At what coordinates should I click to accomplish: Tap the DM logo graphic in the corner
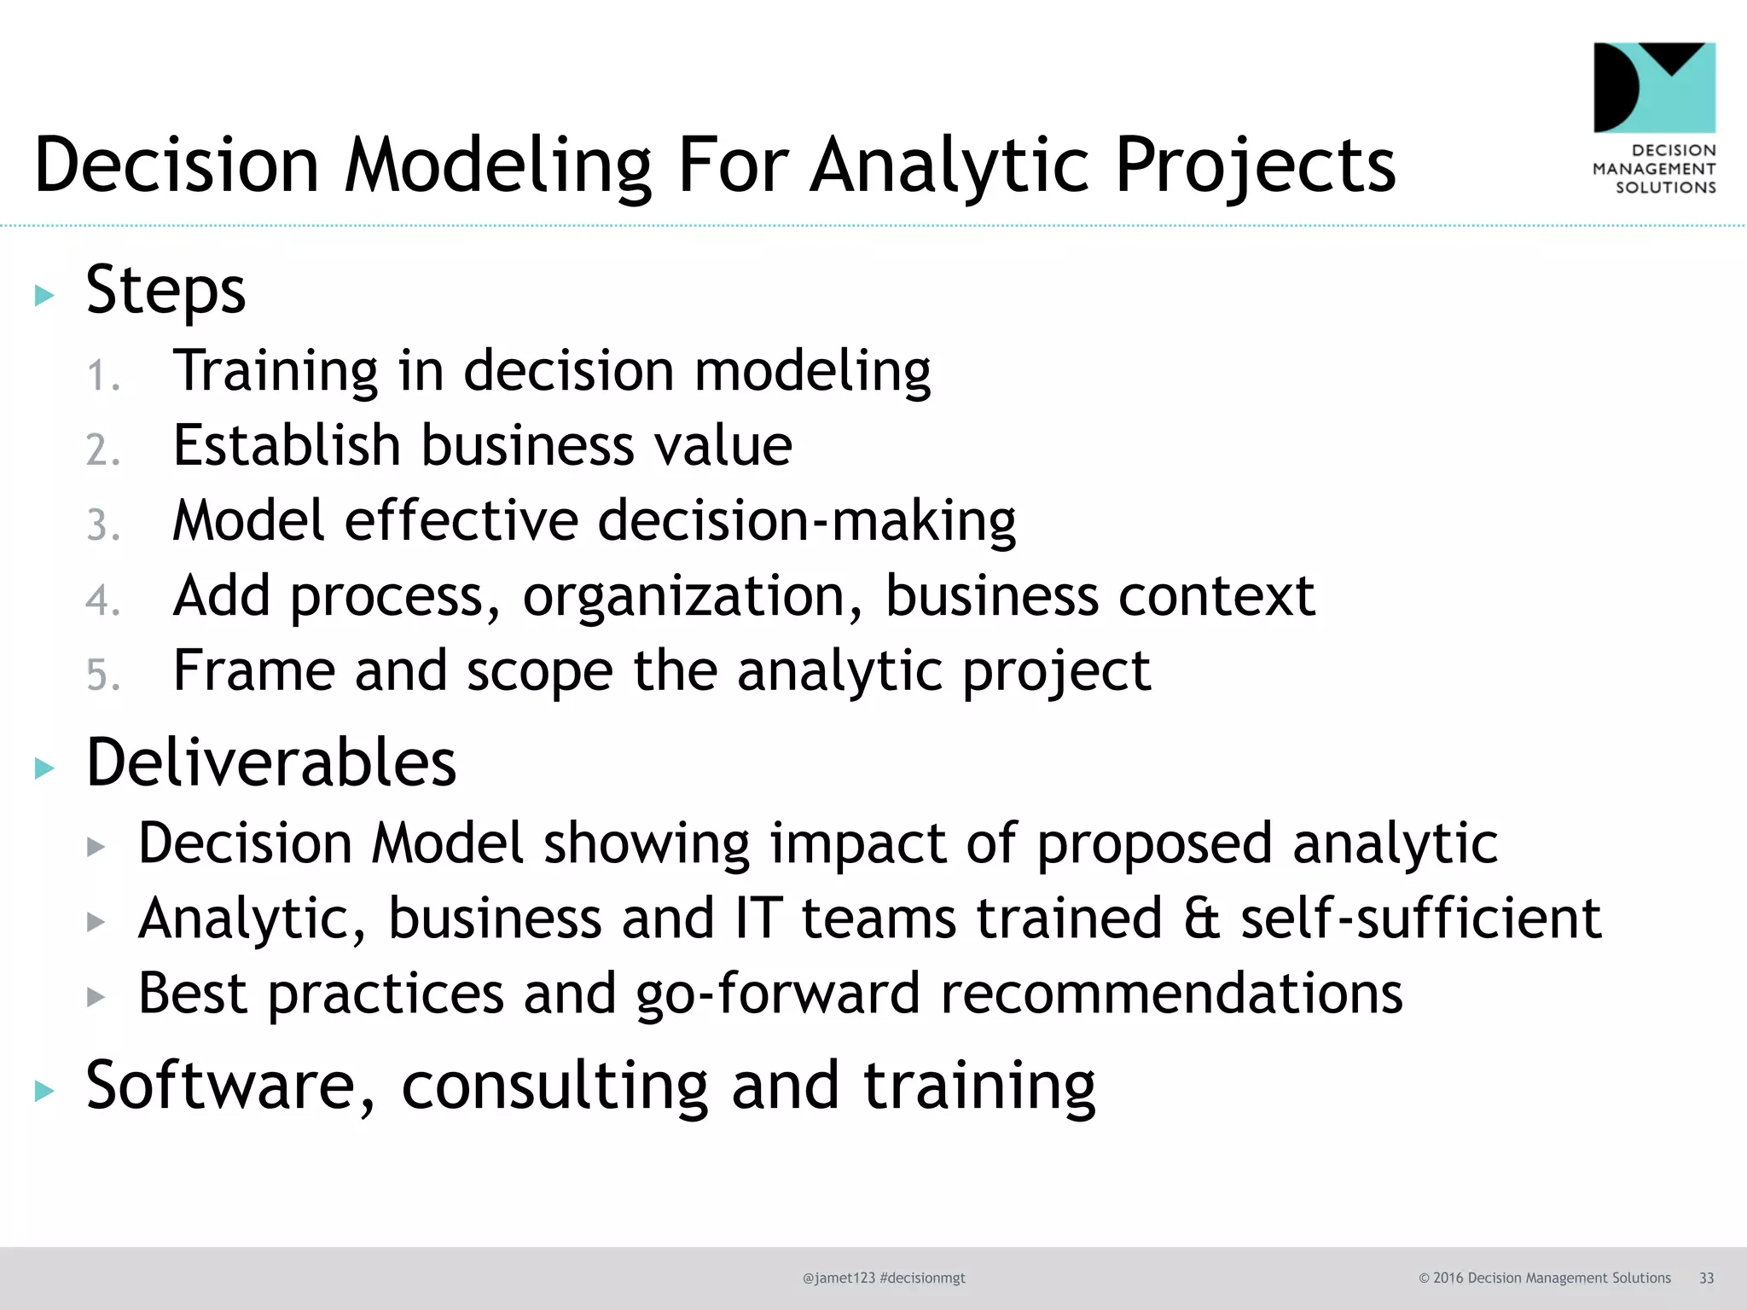tap(1654, 88)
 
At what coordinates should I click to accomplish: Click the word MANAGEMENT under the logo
tap(1654, 169)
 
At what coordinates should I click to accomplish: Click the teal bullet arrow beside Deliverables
tap(44, 768)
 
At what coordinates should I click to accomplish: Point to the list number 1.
tap(102, 376)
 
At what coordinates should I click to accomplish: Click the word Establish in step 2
tap(287, 445)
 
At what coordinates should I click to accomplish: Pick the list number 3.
tap(102, 525)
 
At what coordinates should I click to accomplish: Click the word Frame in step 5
tap(253, 670)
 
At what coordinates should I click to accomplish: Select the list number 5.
tap(102, 675)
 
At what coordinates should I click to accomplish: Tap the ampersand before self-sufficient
tap(1202, 919)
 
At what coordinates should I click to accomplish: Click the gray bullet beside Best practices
tap(96, 996)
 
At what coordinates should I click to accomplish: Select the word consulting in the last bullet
tap(554, 1087)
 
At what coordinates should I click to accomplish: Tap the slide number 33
tap(1706, 1278)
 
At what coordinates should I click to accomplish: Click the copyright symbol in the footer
tap(1424, 1278)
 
